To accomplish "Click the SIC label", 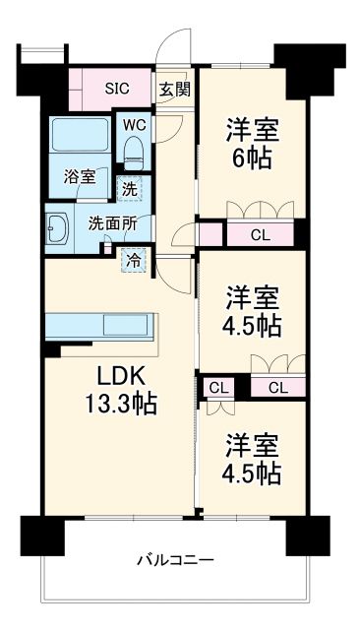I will [118, 87].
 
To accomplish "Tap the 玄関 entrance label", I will [177, 88].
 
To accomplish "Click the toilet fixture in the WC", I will [133, 150].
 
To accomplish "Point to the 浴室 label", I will [81, 177].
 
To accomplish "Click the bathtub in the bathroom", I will [81, 142].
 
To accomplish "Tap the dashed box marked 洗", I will [130, 187].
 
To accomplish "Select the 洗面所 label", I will [111, 223].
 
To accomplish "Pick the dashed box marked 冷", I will [132, 260].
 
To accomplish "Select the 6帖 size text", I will [252, 157].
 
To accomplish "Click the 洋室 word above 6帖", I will [252, 129].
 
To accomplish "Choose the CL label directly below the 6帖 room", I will [260, 234].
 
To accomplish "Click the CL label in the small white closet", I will [213, 388].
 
